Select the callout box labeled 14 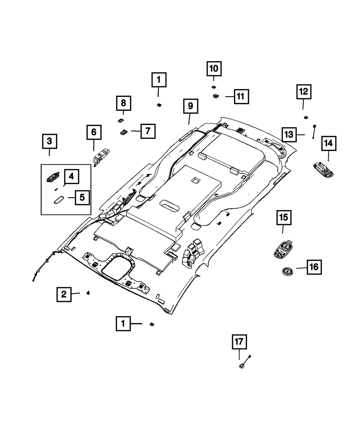[x=328, y=143]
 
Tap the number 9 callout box [x=190, y=106]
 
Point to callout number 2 [x=64, y=294]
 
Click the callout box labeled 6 [x=94, y=133]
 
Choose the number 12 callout [x=304, y=92]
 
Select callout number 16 [x=314, y=268]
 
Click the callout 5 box [x=82, y=198]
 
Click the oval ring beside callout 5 [x=58, y=200]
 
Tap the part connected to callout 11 [x=215, y=96]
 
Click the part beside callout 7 [x=123, y=131]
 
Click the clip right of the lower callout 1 [x=151, y=324]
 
